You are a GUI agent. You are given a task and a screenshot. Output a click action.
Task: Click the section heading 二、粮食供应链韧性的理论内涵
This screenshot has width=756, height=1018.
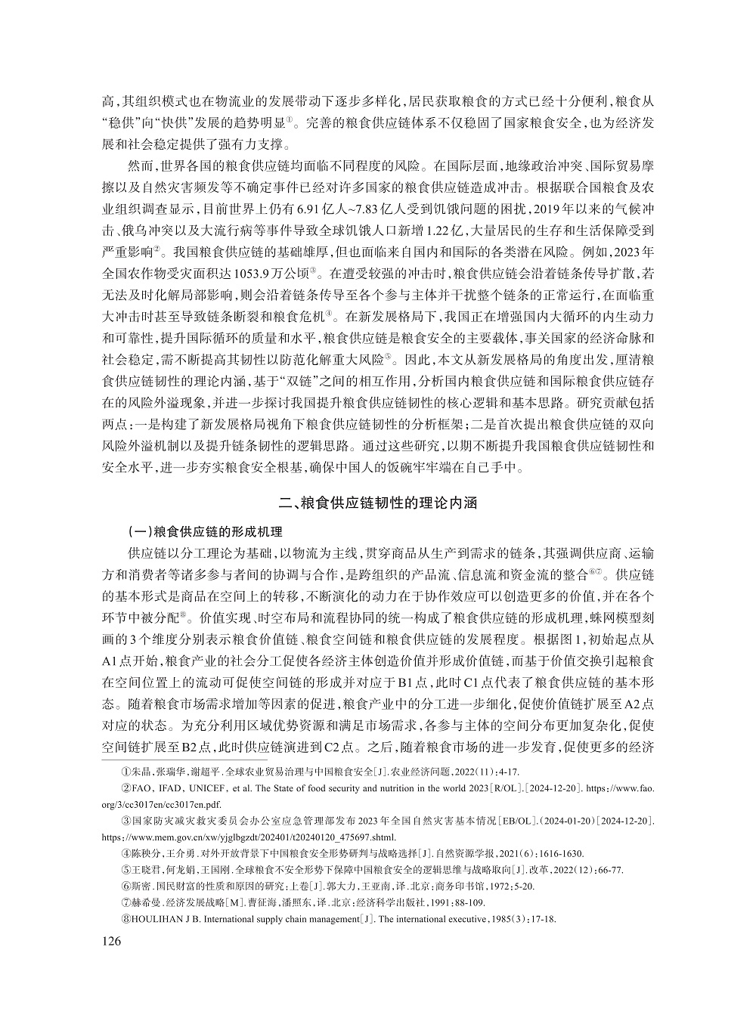(378, 502)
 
